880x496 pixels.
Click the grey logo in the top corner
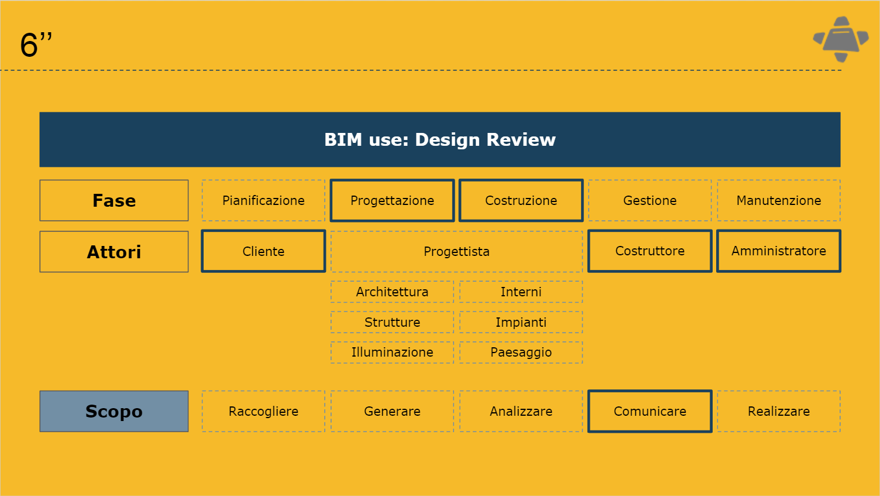pyautogui.click(x=840, y=39)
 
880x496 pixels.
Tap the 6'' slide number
pyautogui.click(x=36, y=45)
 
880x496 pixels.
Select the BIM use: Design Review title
pyautogui.click(x=440, y=139)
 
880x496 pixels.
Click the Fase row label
pyautogui.click(x=114, y=201)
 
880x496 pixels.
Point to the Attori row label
pyautogui.click(x=114, y=252)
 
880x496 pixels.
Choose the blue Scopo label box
pyautogui.click(x=114, y=412)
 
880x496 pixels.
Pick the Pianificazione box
pyautogui.click(x=264, y=201)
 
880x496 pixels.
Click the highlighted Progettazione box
pyautogui.click(x=393, y=201)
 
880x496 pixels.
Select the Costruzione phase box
pyautogui.click(x=521, y=201)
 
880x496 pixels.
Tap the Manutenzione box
pyautogui.click(x=779, y=201)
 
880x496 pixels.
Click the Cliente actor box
pyautogui.click(x=264, y=251)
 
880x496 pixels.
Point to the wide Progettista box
pyautogui.click(x=457, y=252)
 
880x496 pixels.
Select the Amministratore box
pyautogui.click(x=779, y=251)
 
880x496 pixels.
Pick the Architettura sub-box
pyautogui.click(x=393, y=292)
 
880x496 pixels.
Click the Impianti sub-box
pyautogui.click(x=521, y=322)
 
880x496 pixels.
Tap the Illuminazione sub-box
pyautogui.click(x=393, y=353)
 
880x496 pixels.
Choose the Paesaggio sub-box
pyautogui.click(x=521, y=353)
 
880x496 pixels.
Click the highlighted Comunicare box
pyautogui.click(x=650, y=412)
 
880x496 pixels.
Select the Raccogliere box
pyautogui.click(x=264, y=412)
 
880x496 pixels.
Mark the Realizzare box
pyautogui.click(x=779, y=412)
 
